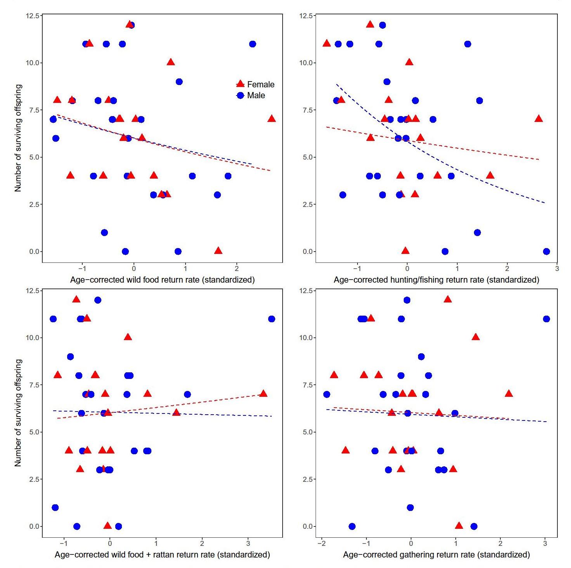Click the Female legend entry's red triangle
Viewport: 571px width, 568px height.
pos(240,84)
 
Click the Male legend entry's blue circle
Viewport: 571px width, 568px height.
pos(240,96)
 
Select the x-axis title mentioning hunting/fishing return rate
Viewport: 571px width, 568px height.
pos(436,280)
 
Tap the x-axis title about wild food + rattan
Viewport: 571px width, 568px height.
pos(162,555)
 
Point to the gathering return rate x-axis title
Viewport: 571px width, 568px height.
pos(436,555)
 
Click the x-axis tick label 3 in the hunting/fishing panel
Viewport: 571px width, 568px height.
pos(557,269)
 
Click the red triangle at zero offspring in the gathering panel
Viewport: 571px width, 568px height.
pos(459,526)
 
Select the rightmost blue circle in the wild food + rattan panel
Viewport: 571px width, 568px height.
pos(271,319)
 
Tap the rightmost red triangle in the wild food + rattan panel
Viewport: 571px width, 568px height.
pos(263,394)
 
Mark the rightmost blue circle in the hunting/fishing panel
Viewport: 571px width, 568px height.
pos(546,252)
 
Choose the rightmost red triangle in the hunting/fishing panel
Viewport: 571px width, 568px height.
pos(538,118)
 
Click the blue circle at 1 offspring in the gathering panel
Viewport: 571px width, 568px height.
pos(410,507)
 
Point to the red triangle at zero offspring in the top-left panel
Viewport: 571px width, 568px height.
pos(218,251)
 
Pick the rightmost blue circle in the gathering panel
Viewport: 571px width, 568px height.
pos(546,319)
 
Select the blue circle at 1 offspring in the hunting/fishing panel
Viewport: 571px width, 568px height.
pos(477,233)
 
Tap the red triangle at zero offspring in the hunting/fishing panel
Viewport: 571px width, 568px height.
pos(405,251)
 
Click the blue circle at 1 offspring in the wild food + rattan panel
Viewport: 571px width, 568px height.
pos(55,507)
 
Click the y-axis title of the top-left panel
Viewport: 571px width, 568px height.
pos(18,138)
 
